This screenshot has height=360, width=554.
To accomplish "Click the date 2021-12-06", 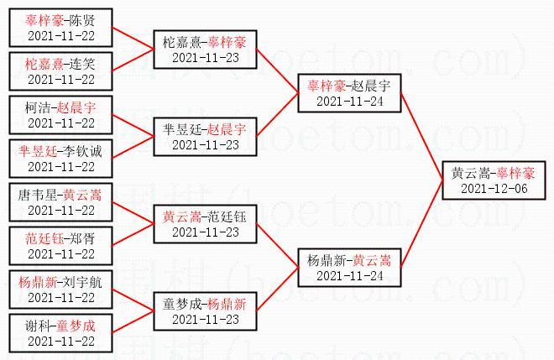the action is pyautogui.click(x=492, y=189).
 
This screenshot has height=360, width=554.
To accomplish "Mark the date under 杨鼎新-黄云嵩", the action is pyautogui.click(x=349, y=275).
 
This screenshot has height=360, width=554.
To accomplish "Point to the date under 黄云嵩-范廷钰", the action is pyautogui.click(x=205, y=232).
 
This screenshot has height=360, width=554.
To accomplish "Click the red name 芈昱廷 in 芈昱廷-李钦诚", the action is pyautogui.click(x=38, y=151).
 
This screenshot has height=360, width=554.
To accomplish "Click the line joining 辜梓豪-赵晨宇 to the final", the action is pyautogui.click(x=421, y=134).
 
